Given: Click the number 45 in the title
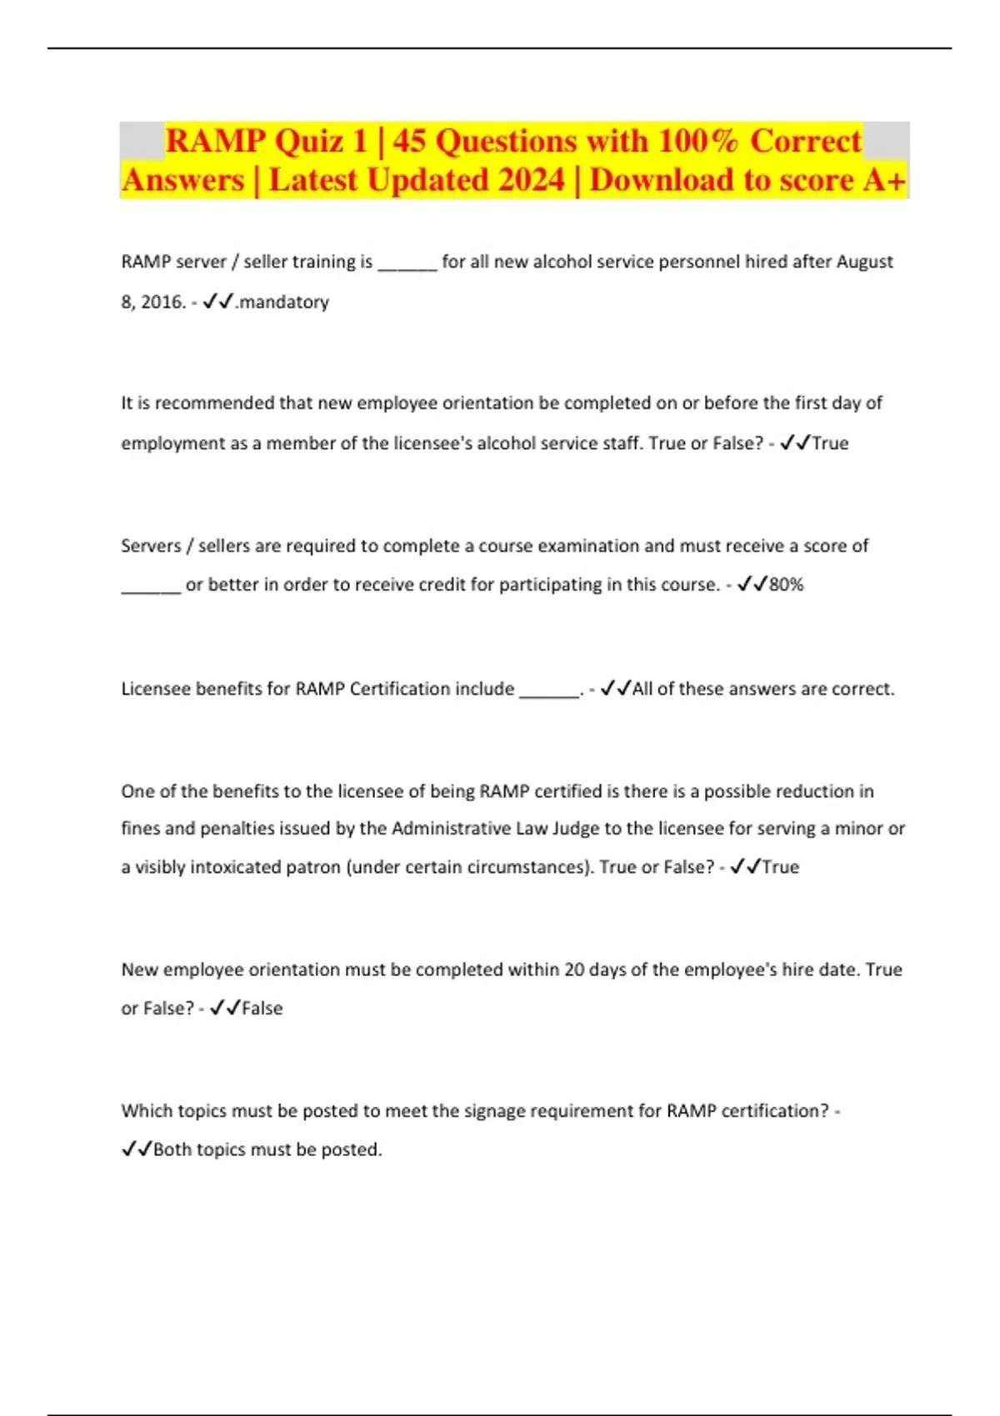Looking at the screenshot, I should (409, 141).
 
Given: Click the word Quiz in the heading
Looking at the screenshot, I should (308, 141).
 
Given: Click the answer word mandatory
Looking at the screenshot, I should (284, 302).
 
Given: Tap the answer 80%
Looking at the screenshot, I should (786, 585).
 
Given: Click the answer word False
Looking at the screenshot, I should (262, 1008).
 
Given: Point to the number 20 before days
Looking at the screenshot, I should (574, 970).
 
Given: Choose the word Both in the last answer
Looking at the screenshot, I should (172, 1149).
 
